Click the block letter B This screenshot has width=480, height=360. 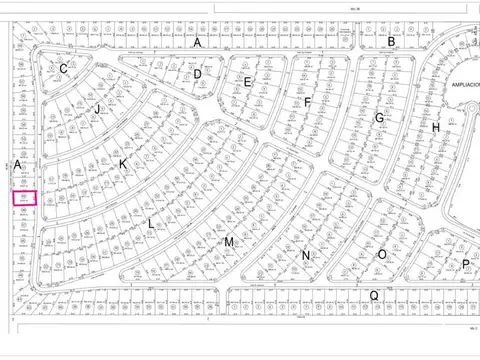[x=392, y=41]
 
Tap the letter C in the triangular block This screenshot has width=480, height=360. [x=63, y=68]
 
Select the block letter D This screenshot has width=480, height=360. [x=198, y=73]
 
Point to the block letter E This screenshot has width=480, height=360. [x=247, y=82]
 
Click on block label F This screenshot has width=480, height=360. [x=308, y=102]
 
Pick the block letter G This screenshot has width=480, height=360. [x=379, y=117]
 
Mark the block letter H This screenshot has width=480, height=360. [x=436, y=128]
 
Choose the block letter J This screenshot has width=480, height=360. [x=98, y=108]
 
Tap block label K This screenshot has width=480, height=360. [x=123, y=164]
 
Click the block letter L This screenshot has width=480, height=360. [x=151, y=224]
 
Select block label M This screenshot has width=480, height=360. [x=228, y=242]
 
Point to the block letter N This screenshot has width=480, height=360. [x=306, y=255]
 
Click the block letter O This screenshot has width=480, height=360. [x=381, y=255]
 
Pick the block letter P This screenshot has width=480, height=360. [x=465, y=264]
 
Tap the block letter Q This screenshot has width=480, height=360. [x=373, y=295]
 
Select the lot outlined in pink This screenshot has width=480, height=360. [x=24, y=198]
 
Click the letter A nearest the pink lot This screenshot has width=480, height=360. [x=18, y=163]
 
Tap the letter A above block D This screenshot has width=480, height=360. [x=197, y=43]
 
